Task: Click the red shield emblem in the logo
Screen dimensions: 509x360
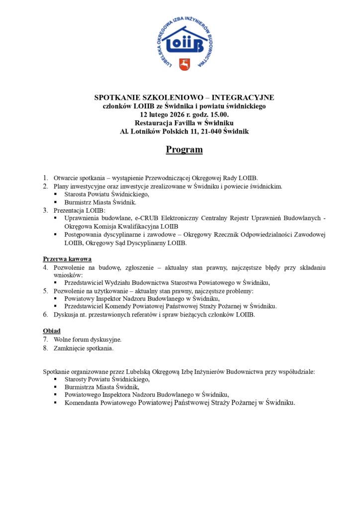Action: coord(184,64)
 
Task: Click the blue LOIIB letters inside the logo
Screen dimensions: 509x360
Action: coord(184,45)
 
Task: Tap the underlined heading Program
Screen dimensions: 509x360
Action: coord(184,150)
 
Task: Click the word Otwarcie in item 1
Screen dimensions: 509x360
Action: coord(66,177)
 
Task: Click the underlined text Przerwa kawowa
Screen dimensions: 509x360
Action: coord(67,259)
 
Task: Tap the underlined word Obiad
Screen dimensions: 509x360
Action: coord(52,331)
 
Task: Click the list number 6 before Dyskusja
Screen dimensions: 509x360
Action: coord(45,315)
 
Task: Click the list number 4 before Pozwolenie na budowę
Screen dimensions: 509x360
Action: coord(45,267)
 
